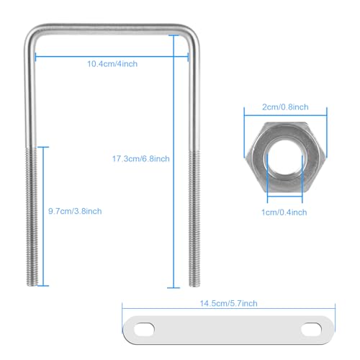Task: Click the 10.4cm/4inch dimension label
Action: click(112, 64)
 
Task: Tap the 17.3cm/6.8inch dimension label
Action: click(141, 158)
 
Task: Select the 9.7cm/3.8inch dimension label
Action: click(75, 211)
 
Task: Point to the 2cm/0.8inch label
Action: click(285, 107)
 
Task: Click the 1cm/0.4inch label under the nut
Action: click(284, 212)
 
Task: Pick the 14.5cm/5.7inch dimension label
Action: click(229, 303)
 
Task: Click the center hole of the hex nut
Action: click(284, 158)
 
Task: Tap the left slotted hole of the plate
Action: click(144, 329)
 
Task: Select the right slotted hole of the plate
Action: click(311, 329)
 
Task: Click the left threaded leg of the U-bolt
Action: click(32, 216)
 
